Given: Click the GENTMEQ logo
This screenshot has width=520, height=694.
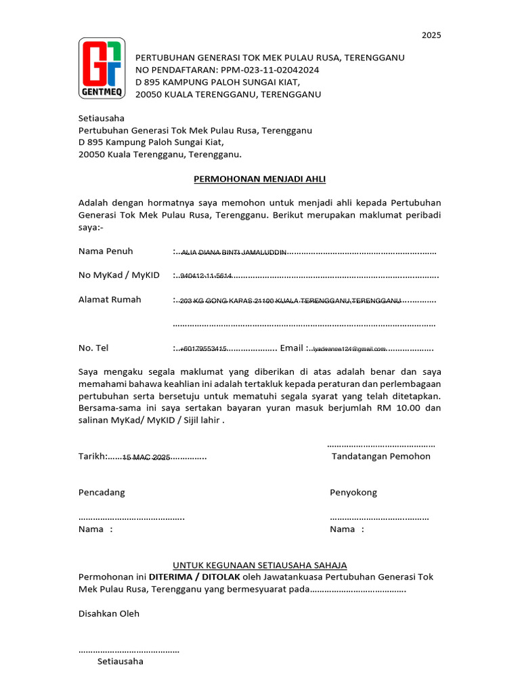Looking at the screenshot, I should [102, 68].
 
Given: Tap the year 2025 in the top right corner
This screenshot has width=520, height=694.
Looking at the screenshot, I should [431, 35].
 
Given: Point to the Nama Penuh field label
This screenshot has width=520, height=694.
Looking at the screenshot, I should [106, 251].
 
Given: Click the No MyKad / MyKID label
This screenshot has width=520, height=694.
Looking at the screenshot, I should [119, 275].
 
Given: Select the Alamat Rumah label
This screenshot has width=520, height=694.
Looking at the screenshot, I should [110, 299].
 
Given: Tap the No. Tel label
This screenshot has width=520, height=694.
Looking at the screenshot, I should [93, 348].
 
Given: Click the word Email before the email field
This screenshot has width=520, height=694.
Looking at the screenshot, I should [291, 348].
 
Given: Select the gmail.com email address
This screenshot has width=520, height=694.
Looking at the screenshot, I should [349, 348].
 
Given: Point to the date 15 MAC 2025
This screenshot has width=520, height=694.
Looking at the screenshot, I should [146, 458].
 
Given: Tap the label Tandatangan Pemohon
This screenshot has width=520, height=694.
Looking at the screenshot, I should [381, 456].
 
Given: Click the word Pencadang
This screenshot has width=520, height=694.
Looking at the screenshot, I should [102, 492].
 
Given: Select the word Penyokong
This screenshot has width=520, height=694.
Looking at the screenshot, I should [353, 492].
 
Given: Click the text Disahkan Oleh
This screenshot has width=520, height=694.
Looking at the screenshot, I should [109, 613].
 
